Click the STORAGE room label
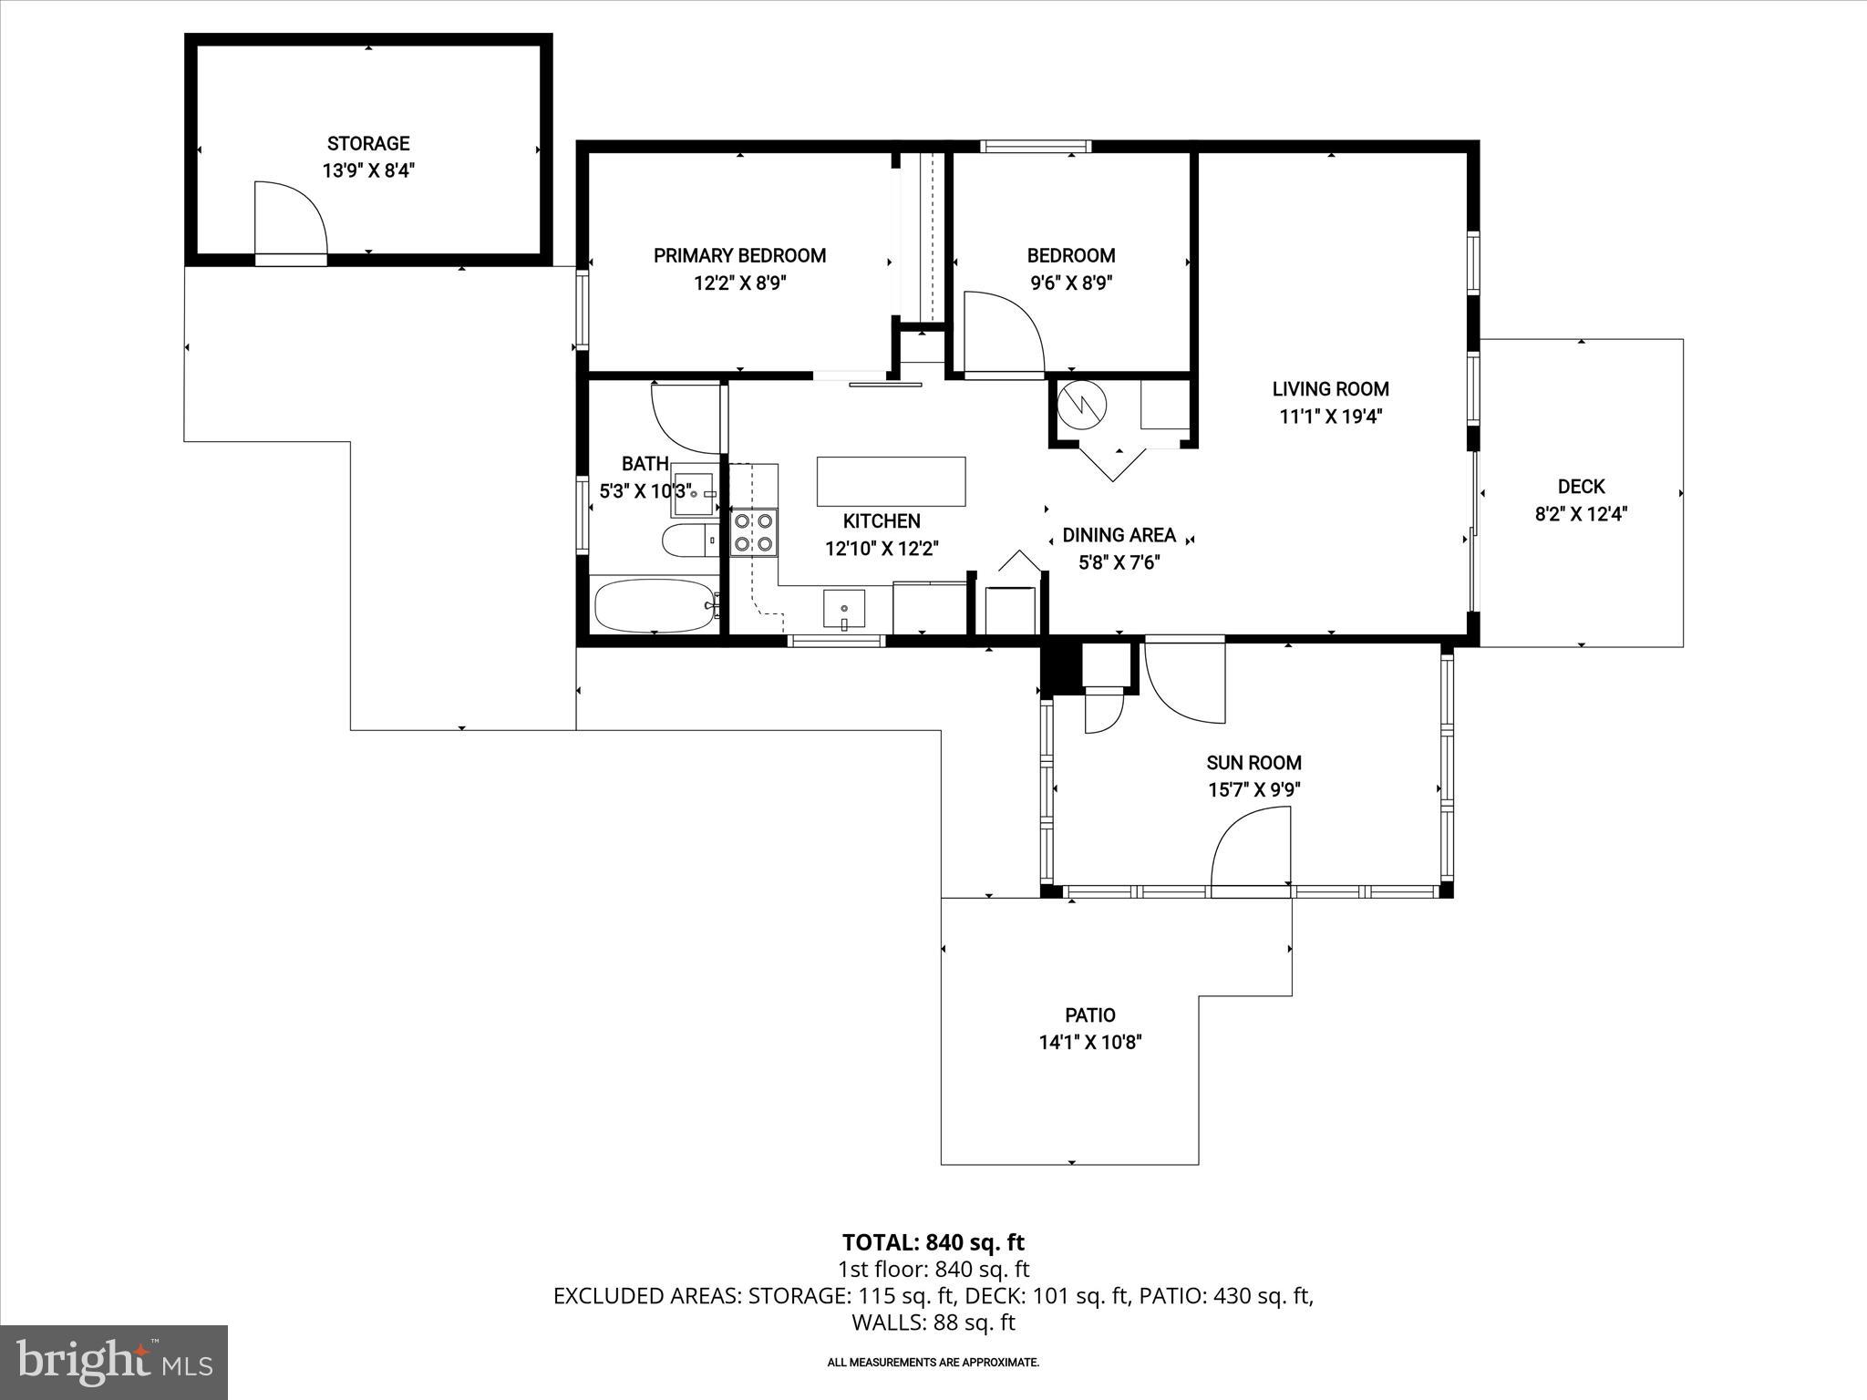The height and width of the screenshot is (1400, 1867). tap(368, 144)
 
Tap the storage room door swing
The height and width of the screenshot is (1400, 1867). tap(287, 219)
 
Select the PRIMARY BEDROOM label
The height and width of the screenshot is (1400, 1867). tap(739, 256)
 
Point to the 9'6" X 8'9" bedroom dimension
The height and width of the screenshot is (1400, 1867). tap(1071, 283)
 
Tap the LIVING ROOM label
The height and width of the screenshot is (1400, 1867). tap(1330, 389)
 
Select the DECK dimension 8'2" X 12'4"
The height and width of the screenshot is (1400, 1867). tap(1581, 514)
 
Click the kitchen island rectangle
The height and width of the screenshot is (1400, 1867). tap(891, 481)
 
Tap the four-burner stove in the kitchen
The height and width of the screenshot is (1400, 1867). tap(754, 533)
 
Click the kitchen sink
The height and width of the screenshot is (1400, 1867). tap(844, 609)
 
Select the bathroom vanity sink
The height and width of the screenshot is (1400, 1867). tap(697, 491)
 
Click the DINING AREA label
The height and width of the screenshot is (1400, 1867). tap(1119, 535)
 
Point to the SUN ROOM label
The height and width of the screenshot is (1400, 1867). tap(1253, 763)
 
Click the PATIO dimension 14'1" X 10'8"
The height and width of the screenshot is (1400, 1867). tap(1090, 1043)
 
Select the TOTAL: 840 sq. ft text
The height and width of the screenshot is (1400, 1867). tap(933, 1242)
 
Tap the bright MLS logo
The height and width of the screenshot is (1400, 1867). tap(114, 1362)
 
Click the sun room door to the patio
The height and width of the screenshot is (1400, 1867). tap(1249, 852)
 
